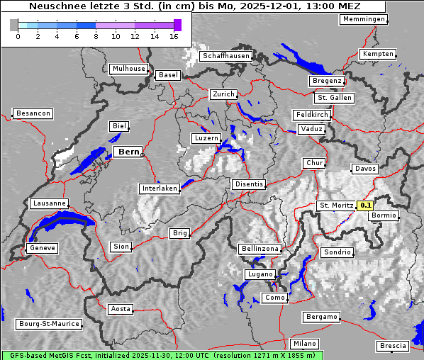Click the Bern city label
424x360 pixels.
[x=128, y=152]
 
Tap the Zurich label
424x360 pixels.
[x=223, y=94]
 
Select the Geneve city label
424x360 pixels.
[x=42, y=248]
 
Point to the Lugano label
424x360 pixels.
[x=259, y=274]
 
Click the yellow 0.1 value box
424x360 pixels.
[x=365, y=206]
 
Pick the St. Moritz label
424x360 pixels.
[x=336, y=206]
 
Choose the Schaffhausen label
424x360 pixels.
[x=225, y=55]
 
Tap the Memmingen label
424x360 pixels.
[x=364, y=19]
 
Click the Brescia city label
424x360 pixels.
[x=393, y=346]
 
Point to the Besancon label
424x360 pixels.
[x=33, y=113]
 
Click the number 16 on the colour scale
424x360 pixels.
[x=174, y=37]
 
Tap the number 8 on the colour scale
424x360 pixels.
[x=96, y=37]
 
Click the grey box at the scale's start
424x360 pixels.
[x=14, y=26]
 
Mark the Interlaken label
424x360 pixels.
[x=159, y=189]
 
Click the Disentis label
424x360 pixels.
[x=249, y=184]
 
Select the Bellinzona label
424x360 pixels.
[x=260, y=249]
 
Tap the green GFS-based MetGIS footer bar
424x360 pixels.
[x=162, y=355]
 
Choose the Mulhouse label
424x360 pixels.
[x=128, y=69]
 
